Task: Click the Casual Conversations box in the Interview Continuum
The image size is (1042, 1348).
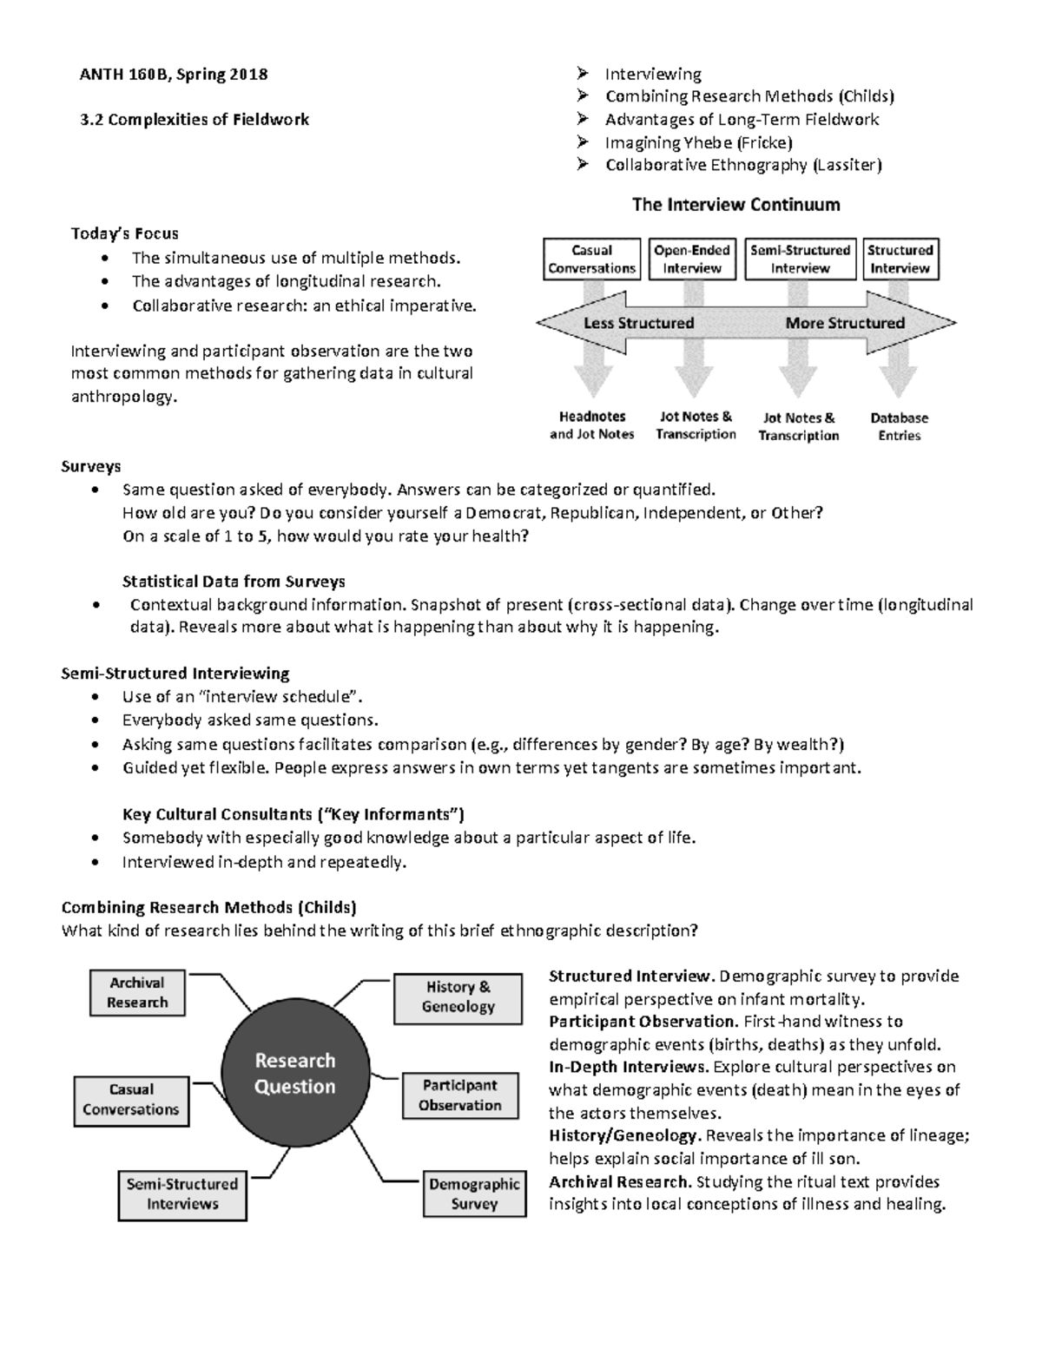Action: (591, 259)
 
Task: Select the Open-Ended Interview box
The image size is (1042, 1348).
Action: (692, 259)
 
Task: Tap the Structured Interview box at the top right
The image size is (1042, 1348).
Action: (900, 259)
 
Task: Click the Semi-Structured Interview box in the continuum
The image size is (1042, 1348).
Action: (800, 259)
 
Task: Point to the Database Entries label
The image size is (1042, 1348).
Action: (899, 426)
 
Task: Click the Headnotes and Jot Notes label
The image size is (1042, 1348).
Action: (591, 425)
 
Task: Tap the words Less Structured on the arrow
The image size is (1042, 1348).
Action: (638, 323)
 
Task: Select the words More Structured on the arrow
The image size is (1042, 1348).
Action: (844, 323)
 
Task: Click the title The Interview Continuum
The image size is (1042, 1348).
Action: (735, 205)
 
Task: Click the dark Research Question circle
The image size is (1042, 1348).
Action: (294, 1074)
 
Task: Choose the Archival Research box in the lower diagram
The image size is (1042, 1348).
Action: (137, 992)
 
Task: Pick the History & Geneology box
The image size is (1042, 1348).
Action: (458, 996)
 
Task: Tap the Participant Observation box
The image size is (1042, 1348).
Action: (459, 1095)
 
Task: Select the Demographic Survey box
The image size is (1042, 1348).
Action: (474, 1193)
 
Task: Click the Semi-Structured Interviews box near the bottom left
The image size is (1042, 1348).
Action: (181, 1193)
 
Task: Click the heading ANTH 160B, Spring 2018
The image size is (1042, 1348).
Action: (174, 74)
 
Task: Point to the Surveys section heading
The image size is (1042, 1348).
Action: (90, 466)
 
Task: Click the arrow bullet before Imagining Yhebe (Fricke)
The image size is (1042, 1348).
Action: (583, 141)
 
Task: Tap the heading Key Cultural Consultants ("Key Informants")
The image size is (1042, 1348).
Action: (293, 814)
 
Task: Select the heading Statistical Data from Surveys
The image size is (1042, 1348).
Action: (234, 582)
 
